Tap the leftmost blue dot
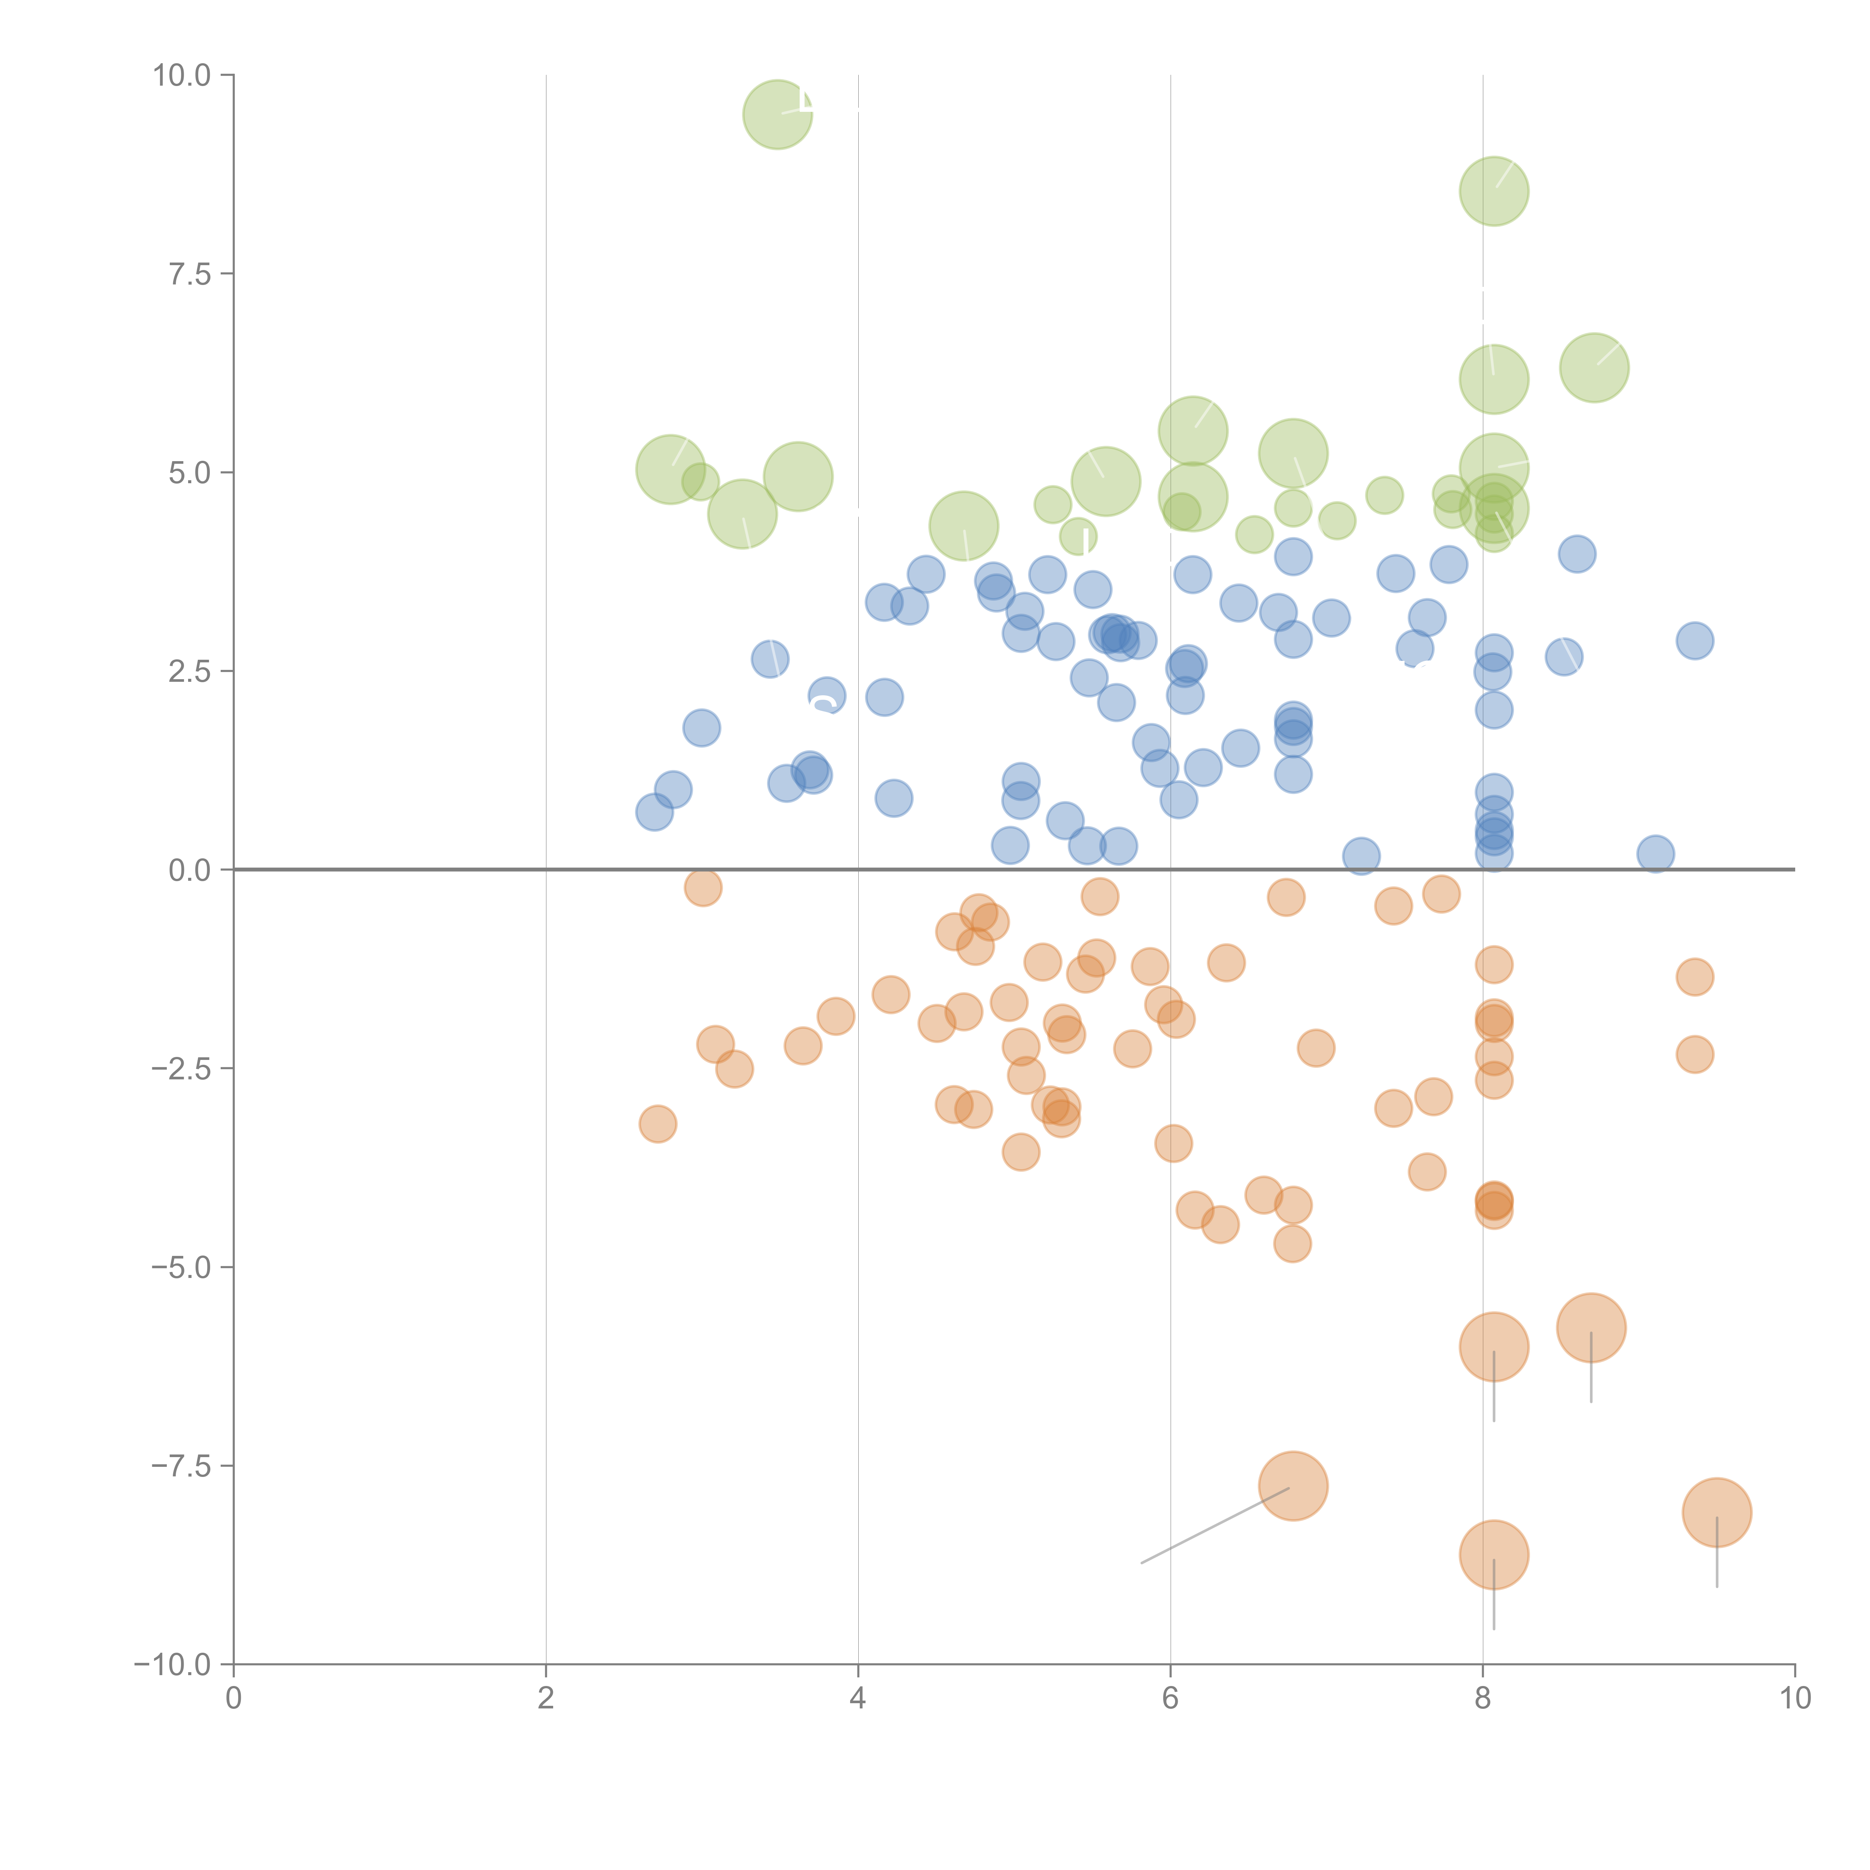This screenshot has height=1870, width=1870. [x=654, y=812]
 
